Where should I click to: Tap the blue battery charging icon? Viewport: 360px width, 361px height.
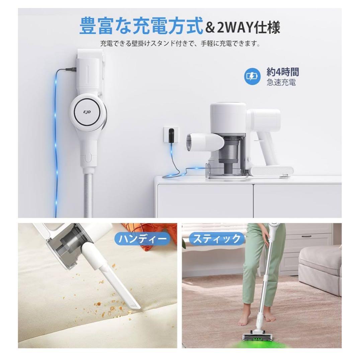click(x=252, y=77)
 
